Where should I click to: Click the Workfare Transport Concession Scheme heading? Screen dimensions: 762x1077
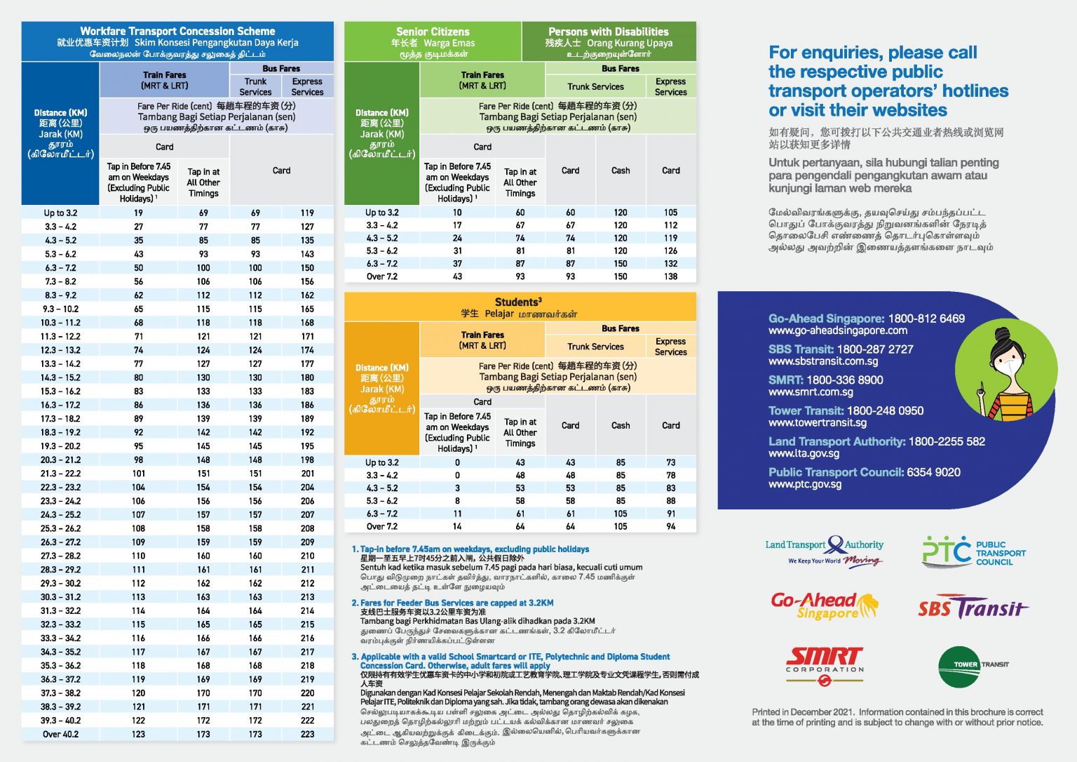(x=177, y=32)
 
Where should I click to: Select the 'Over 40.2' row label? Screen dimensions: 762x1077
(x=60, y=734)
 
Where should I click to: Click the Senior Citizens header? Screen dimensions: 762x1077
(x=433, y=32)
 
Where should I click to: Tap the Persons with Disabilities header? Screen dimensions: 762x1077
(x=609, y=32)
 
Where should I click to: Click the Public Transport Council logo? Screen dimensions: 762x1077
(x=973, y=552)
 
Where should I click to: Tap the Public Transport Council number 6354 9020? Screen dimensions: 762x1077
(x=933, y=472)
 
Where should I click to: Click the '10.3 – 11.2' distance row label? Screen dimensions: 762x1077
(x=60, y=323)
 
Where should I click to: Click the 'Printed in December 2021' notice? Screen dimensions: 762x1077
(x=897, y=717)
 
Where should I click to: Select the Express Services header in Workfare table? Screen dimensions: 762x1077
(x=307, y=86)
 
